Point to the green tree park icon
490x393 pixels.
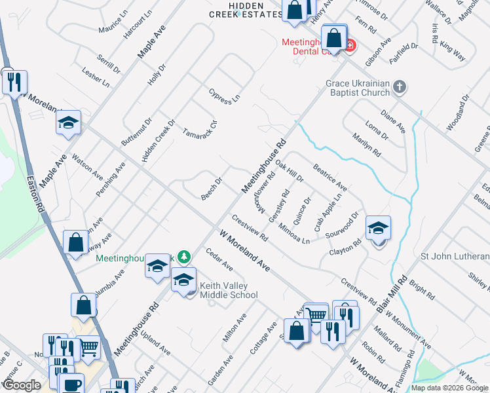185,256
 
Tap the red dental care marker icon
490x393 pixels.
350,45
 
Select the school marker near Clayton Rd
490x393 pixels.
378,229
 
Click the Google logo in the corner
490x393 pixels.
22,384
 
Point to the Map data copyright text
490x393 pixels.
450,388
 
